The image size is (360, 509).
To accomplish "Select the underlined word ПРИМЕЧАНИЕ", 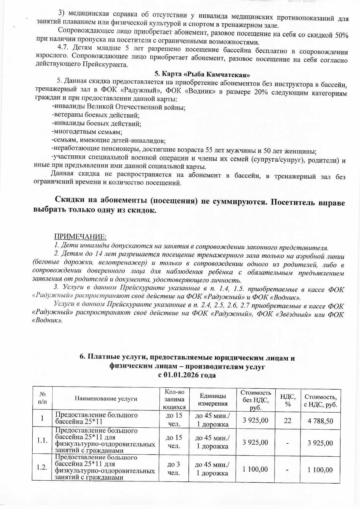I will click(80, 236).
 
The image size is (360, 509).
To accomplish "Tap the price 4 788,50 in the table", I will click(320, 420).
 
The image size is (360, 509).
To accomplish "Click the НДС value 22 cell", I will click(288, 420).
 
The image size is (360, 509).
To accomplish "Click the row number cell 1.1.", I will click(42, 440).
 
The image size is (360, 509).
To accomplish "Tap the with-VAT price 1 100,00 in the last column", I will click(320, 470).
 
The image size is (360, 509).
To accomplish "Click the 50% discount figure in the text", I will click(341, 34).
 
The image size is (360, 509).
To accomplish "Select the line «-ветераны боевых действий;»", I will click(95, 115).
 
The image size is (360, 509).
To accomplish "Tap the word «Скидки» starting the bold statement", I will click(69, 200).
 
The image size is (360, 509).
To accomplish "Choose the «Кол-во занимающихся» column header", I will click(174, 399).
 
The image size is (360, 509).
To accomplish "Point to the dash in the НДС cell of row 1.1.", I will click(288, 443).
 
